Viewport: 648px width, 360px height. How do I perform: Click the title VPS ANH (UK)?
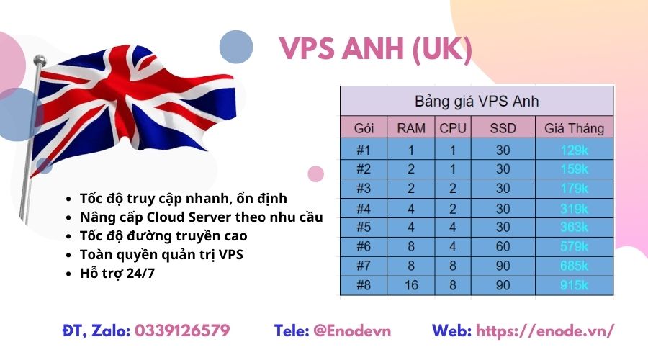[x=375, y=49]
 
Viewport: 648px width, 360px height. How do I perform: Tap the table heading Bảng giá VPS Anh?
[x=477, y=102]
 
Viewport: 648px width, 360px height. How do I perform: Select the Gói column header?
[x=364, y=128]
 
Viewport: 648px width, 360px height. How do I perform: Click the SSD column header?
[x=503, y=128]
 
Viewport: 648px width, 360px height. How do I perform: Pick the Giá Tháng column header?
[x=574, y=128]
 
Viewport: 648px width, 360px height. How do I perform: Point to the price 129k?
[x=574, y=150]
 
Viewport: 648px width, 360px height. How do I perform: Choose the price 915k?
[x=574, y=285]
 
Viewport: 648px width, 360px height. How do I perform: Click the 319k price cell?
[x=574, y=209]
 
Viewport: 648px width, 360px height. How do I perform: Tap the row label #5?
[x=364, y=228]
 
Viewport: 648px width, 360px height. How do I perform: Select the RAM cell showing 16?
[x=411, y=285]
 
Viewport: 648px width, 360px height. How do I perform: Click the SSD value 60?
[x=503, y=246]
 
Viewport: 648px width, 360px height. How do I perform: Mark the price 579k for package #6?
[x=574, y=246]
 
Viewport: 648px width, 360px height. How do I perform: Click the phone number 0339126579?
[x=182, y=330]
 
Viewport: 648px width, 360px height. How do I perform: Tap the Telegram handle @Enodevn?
[x=352, y=331]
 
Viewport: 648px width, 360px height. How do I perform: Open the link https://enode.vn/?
[x=545, y=331]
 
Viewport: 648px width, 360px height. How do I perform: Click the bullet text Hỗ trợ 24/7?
[x=117, y=273]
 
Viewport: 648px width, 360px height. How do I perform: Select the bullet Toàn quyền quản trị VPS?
[x=161, y=255]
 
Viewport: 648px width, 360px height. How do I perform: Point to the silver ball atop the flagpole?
[x=40, y=60]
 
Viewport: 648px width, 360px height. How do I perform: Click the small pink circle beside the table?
[x=316, y=174]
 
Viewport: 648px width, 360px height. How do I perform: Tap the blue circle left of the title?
[x=236, y=47]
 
